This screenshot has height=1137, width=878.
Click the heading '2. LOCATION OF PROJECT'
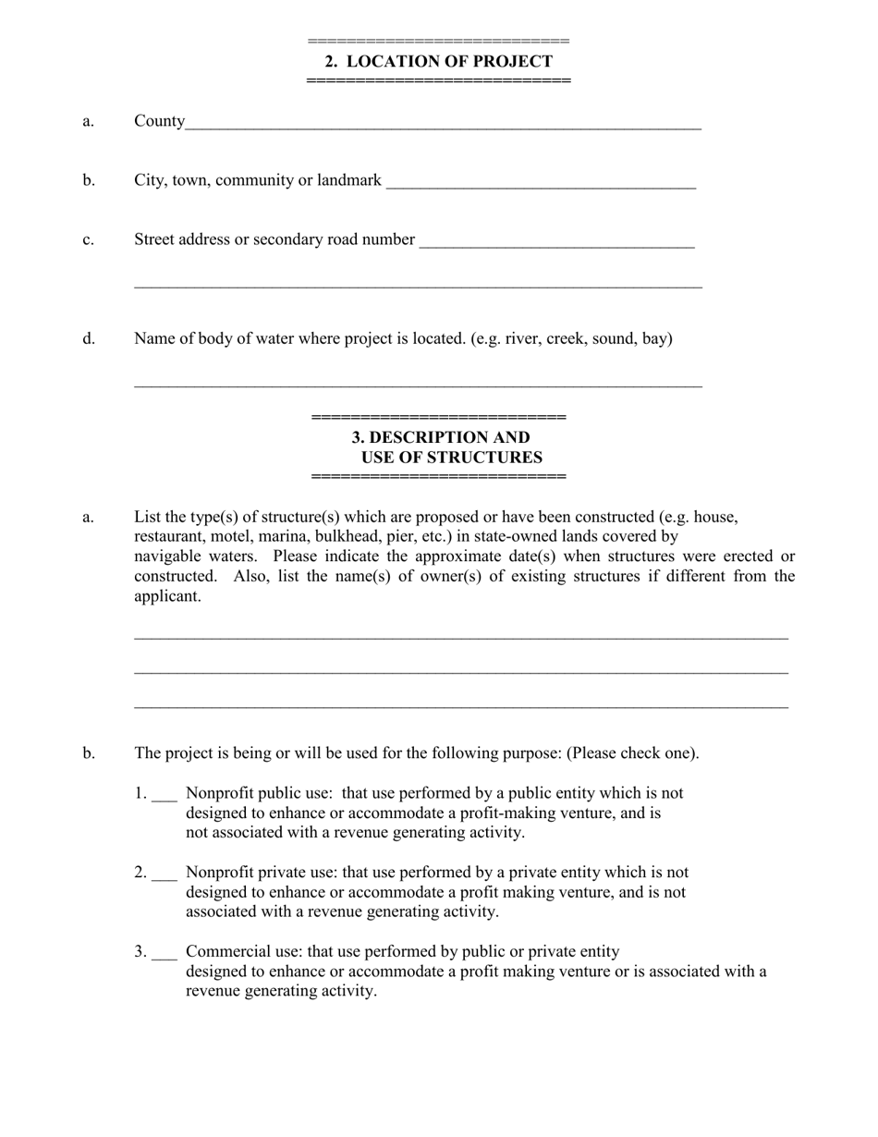click(x=438, y=61)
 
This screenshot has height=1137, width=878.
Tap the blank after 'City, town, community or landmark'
click(x=541, y=183)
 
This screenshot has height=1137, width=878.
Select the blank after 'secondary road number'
click(x=556, y=242)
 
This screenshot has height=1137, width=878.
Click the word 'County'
click(x=159, y=121)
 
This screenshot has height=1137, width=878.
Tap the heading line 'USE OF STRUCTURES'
click(x=451, y=458)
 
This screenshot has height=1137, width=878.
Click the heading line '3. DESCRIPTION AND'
click(x=441, y=437)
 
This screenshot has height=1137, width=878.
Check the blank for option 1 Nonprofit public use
click(x=164, y=795)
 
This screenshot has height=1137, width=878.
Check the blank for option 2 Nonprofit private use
click(x=164, y=874)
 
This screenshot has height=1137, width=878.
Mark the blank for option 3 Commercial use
click(x=164, y=954)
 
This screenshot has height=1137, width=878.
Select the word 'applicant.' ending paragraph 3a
click(x=167, y=596)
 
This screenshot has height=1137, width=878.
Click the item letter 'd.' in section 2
click(x=89, y=338)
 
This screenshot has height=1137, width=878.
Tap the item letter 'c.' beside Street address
click(x=89, y=239)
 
